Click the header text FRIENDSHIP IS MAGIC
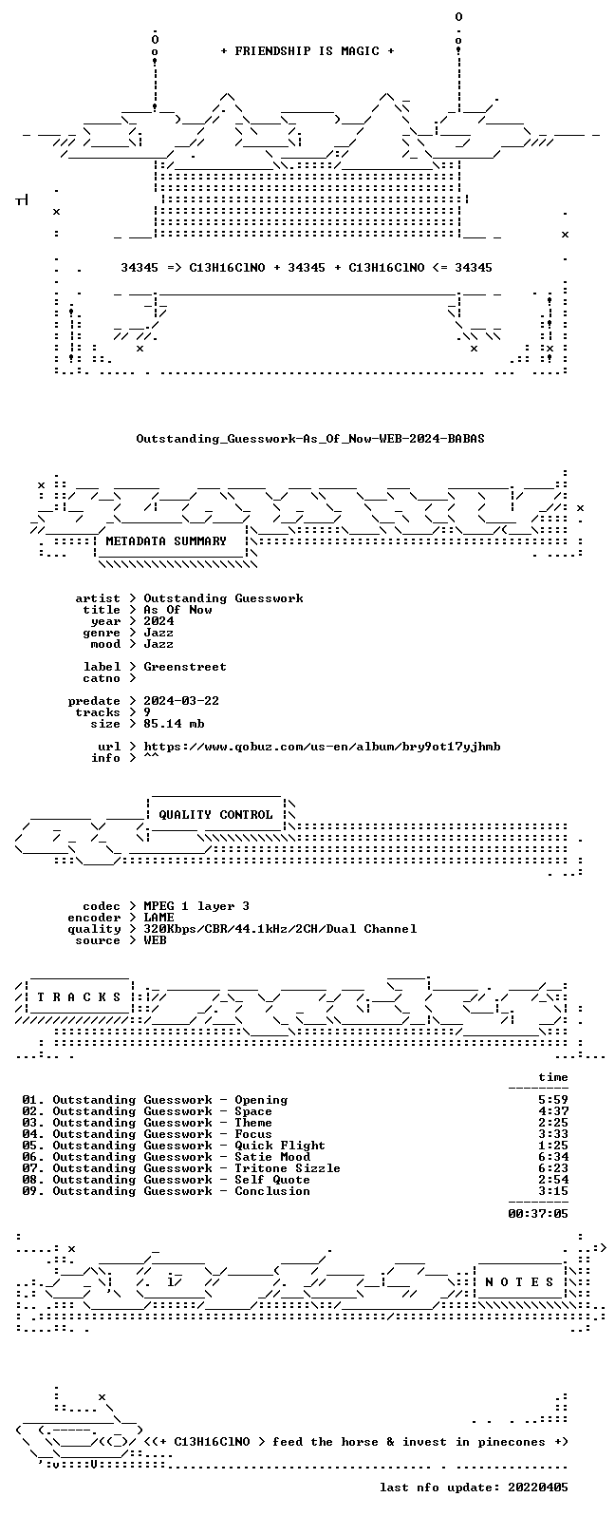coord(307,51)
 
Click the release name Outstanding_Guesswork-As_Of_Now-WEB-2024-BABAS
coord(309,439)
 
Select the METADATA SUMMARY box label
coord(166,541)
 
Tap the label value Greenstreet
coord(185,667)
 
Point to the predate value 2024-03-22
coord(181,700)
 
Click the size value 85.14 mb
coord(174,724)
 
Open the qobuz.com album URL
coord(322,747)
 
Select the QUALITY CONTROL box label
coord(215,815)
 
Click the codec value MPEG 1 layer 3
coord(196,906)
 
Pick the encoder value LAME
coord(158,917)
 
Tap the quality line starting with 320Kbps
coord(280,929)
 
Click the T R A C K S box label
coord(79,997)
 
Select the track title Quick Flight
coord(280,1146)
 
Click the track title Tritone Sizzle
coord(288,1168)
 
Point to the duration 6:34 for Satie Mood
coord(553,1157)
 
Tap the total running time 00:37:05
coord(538,1214)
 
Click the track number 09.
coord(29,1191)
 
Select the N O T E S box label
coord(519,1281)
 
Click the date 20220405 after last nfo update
coord(538,1487)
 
